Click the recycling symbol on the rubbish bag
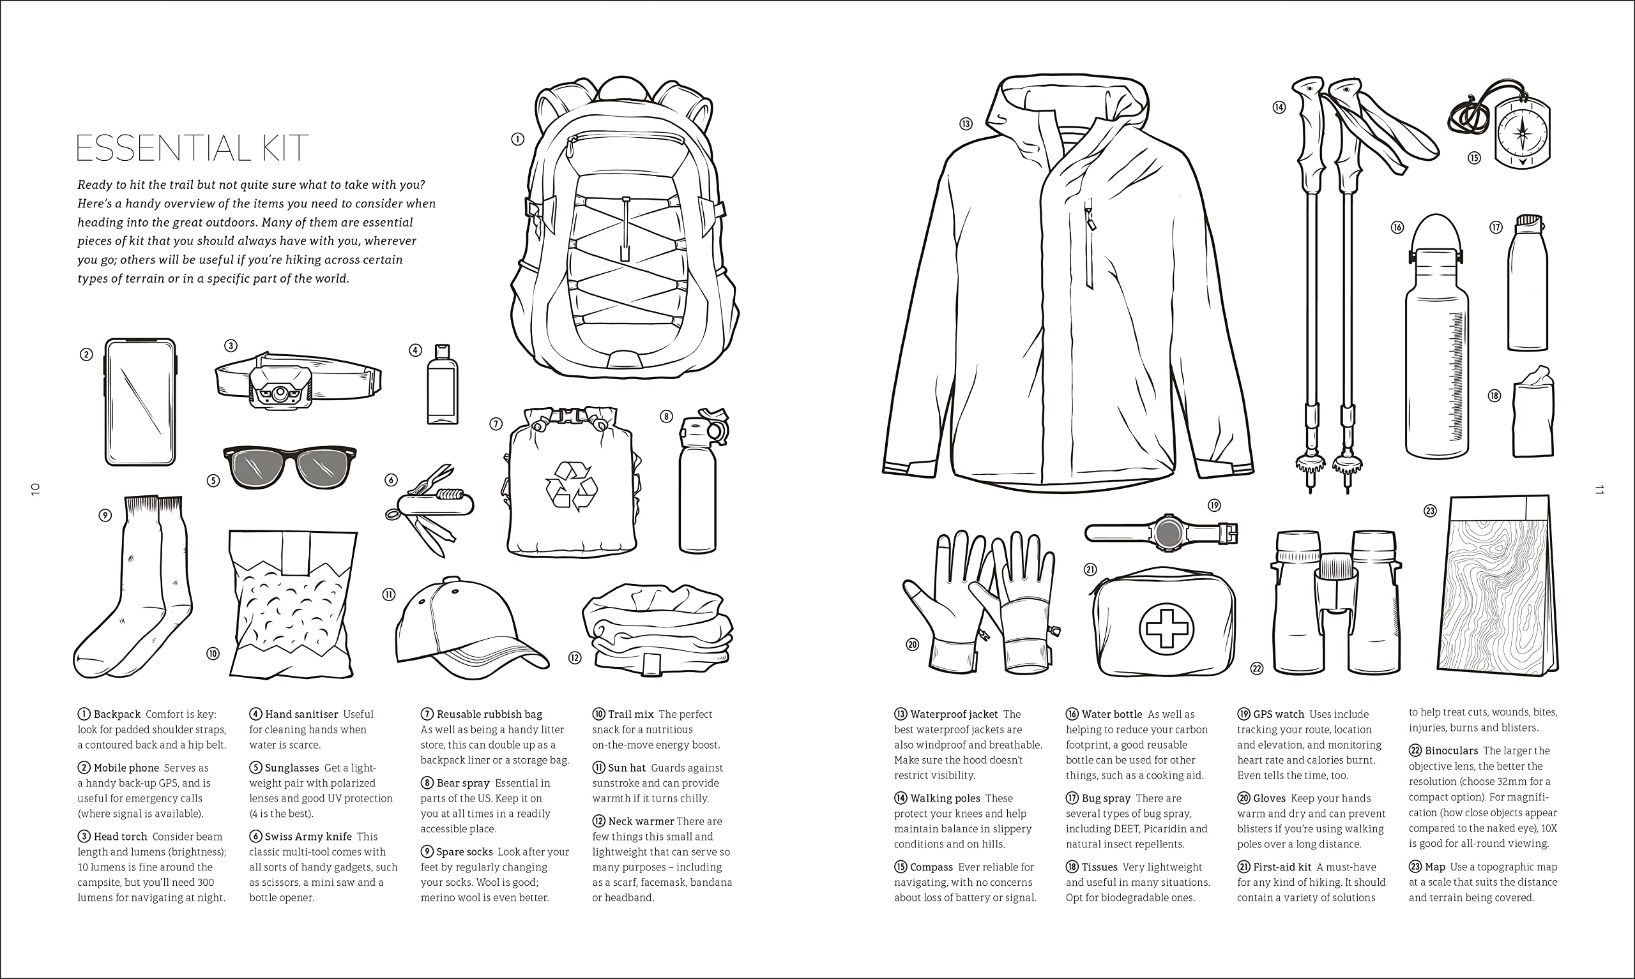point(571,486)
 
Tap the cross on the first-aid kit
point(1166,629)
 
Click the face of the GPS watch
point(1168,532)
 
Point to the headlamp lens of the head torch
point(280,393)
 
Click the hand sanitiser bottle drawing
point(442,384)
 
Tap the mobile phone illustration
point(140,402)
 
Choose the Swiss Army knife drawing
point(430,508)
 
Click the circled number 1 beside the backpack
point(517,139)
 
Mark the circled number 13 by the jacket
point(966,123)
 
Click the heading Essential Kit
point(192,148)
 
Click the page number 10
point(36,489)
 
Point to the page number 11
point(1599,489)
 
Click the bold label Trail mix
point(630,714)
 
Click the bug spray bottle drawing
point(1527,282)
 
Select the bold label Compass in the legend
point(931,867)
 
